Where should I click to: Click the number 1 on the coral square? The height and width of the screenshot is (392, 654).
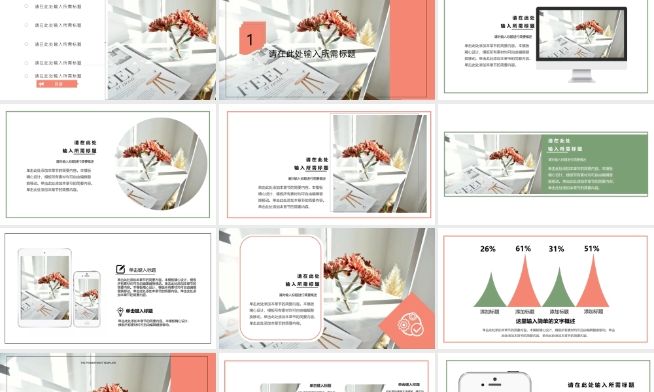(x=250, y=40)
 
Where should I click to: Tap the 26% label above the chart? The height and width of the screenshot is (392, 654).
(x=488, y=249)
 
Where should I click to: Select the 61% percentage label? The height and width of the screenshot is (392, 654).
(x=523, y=249)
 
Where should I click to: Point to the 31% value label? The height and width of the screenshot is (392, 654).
(x=557, y=249)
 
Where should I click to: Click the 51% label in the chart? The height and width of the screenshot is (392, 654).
(x=592, y=249)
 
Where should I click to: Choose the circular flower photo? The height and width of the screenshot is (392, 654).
(x=162, y=163)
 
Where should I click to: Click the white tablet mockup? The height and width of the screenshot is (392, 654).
(x=44, y=287)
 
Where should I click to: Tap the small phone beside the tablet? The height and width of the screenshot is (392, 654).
(x=86, y=299)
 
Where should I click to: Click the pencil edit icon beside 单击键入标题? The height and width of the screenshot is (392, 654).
(x=120, y=269)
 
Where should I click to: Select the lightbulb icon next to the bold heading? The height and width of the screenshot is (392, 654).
(x=120, y=312)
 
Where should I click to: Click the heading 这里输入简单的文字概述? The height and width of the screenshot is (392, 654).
(x=545, y=321)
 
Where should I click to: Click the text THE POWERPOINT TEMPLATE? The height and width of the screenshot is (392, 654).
(x=98, y=362)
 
